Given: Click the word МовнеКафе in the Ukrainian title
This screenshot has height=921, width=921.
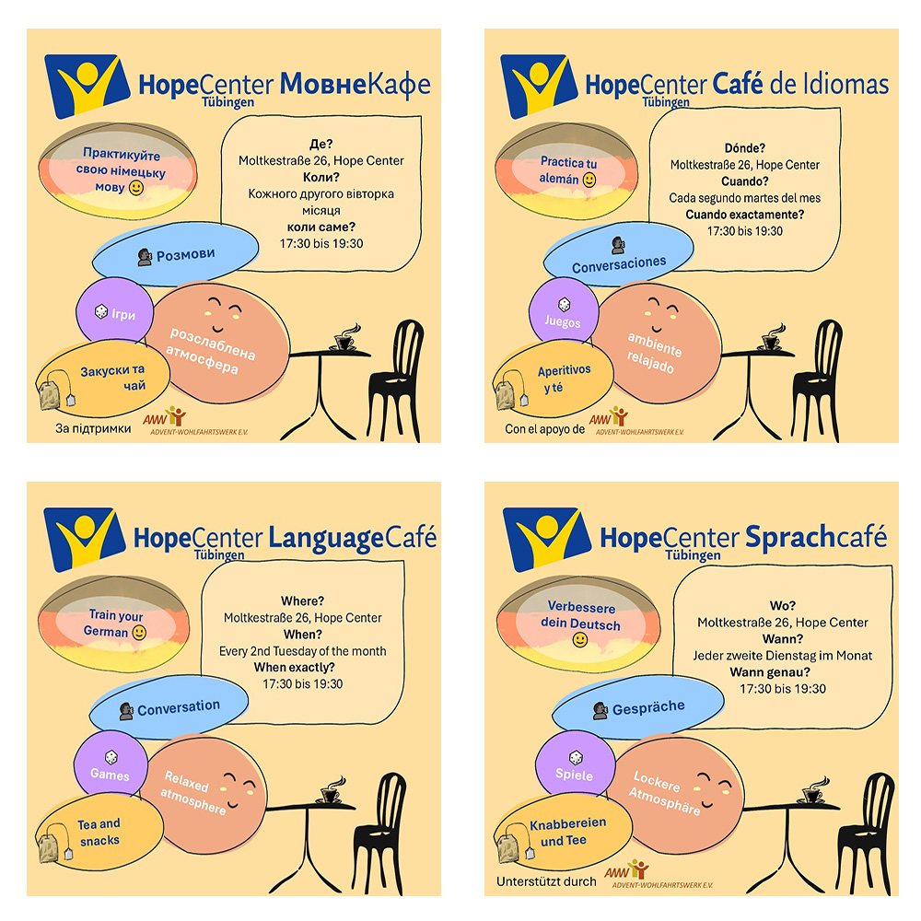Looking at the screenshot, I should [x=355, y=85].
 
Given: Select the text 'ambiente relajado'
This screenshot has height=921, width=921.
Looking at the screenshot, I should [x=656, y=350].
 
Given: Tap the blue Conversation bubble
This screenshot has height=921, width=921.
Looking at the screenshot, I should [x=170, y=707].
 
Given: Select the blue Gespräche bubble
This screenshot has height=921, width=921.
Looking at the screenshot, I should [x=635, y=706].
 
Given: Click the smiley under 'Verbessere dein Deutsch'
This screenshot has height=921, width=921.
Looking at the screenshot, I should [x=580, y=639].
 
